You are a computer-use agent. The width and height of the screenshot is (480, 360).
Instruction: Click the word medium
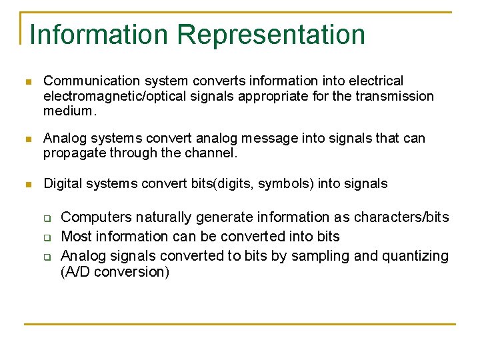tap(70, 111)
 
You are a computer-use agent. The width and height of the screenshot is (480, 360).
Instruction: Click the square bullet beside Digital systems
tap(27, 184)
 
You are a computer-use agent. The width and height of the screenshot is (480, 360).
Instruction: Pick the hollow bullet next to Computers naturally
tap(48, 218)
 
